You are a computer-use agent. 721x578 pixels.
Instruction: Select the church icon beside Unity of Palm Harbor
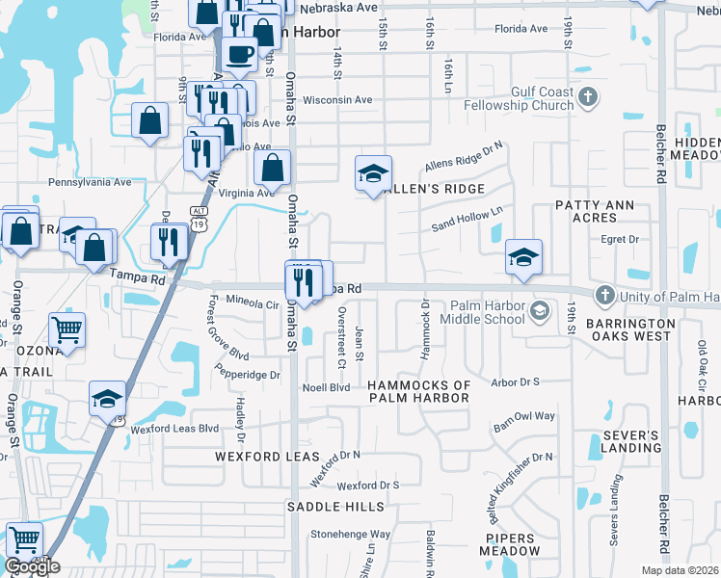(604, 294)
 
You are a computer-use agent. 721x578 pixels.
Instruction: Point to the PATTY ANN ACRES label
(592, 212)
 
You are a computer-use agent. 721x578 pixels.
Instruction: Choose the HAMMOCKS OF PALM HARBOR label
(419, 392)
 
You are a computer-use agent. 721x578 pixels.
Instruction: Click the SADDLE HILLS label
(336, 506)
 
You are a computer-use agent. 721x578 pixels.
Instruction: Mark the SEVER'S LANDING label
(632, 441)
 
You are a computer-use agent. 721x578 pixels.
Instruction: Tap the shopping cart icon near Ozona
(66, 329)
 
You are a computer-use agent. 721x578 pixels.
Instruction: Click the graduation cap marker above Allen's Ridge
(373, 172)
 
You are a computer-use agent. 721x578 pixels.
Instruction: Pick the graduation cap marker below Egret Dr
(523, 256)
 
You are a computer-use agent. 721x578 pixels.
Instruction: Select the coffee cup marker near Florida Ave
(240, 54)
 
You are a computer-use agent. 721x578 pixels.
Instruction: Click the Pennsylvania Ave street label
(90, 181)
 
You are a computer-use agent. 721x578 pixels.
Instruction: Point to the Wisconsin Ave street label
(337, 99)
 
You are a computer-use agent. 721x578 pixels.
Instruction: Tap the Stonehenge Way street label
(350, 533)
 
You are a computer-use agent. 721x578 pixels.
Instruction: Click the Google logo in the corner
(32, 566)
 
